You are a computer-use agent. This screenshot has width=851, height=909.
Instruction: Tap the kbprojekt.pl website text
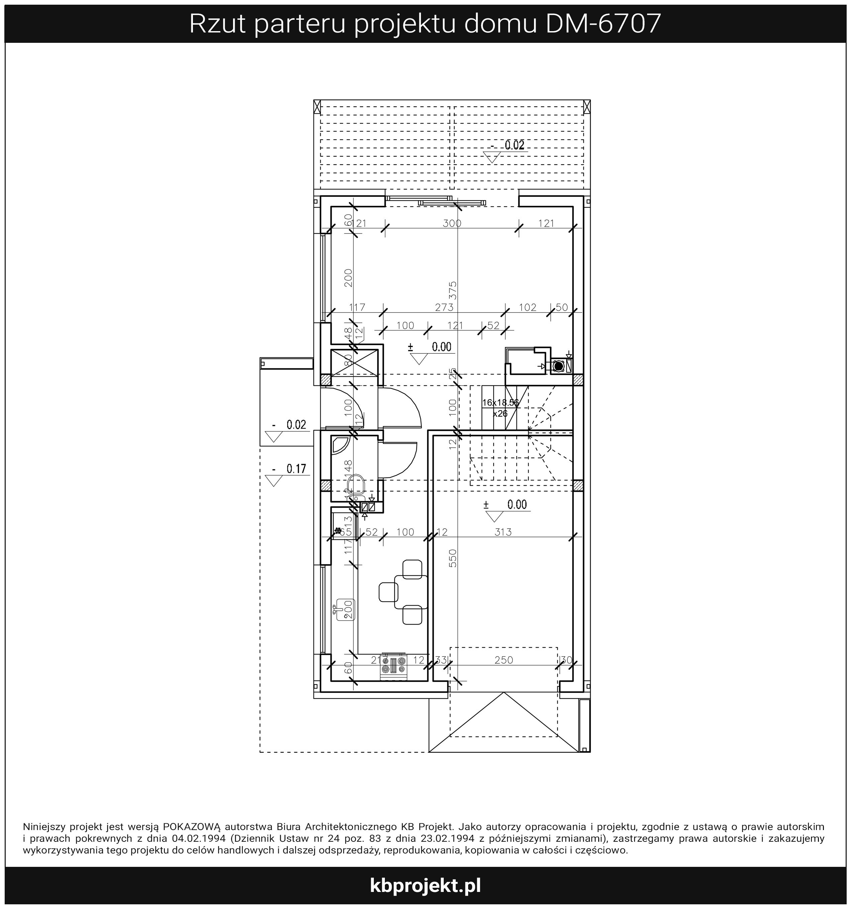(425, 885)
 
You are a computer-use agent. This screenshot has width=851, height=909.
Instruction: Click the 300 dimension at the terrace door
(452, 223)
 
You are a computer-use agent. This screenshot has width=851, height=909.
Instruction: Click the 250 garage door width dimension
(504, 660)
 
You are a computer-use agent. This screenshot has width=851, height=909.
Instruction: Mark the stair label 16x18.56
(501, 403)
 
